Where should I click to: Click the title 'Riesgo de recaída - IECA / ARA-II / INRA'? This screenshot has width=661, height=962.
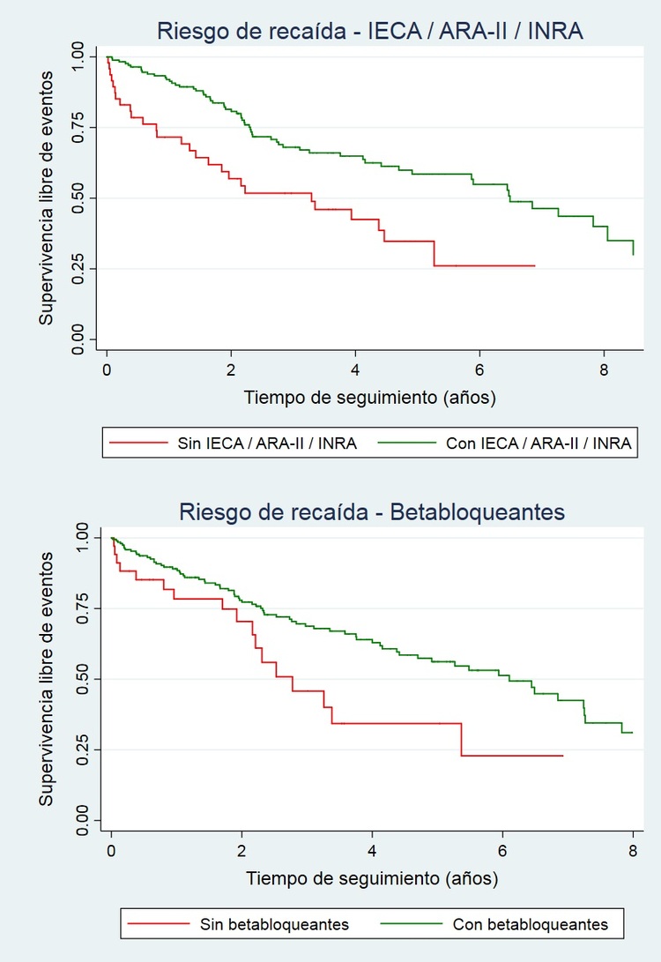coord(370,32)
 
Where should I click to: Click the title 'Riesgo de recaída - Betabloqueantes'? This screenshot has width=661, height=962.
coord(371,512)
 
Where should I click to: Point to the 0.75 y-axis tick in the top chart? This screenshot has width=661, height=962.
coord(79,127)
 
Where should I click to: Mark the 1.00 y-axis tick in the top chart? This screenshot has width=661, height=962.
coord(79,56)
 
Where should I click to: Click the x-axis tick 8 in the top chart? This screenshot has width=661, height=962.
coord(604,369)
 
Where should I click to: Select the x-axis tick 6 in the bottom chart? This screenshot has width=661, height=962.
coord(502,851)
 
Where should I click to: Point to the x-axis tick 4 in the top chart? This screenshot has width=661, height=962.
coord(355,369)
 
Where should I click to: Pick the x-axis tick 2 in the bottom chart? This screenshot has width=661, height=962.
coord(241,851)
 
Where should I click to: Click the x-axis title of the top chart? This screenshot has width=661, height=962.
coord(370,398)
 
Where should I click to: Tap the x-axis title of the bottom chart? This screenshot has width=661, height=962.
coord(371,878)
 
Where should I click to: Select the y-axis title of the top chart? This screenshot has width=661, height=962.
coord(48,198)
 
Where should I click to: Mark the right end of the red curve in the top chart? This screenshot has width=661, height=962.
coord(534,265)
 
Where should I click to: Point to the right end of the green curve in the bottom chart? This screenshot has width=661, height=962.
coord(633,733)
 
